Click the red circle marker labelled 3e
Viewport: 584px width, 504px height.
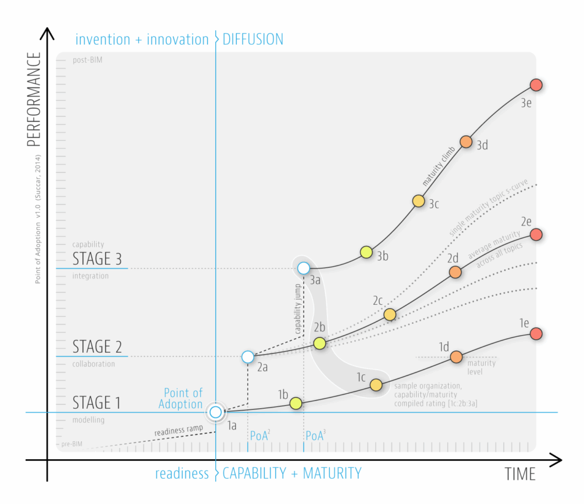click(535, 85)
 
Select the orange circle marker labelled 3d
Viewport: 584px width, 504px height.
click(465, 142)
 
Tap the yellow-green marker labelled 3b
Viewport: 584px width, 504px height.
click(366, 251)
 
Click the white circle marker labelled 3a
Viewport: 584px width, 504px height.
click(303, 268)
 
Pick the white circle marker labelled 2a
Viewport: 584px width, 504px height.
click(247, 356)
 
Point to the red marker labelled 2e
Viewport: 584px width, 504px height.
click(535, 234)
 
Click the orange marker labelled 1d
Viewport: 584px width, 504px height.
click(456, 357)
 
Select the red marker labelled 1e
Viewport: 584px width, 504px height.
click(535, 333)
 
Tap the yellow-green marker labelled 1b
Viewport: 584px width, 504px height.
click(296, 403)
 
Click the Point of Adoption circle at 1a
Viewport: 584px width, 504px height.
click(216, 412)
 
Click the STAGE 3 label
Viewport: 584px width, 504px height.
click(97, 258)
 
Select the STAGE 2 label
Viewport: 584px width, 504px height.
click(97, 347)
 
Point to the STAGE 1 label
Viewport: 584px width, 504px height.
click(97, 403)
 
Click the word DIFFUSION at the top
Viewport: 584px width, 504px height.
click(253, 39)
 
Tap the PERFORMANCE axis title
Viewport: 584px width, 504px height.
click(34, 100)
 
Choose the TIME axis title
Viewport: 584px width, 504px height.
click(520, 474)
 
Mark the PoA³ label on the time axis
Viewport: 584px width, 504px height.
click(315, 436)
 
